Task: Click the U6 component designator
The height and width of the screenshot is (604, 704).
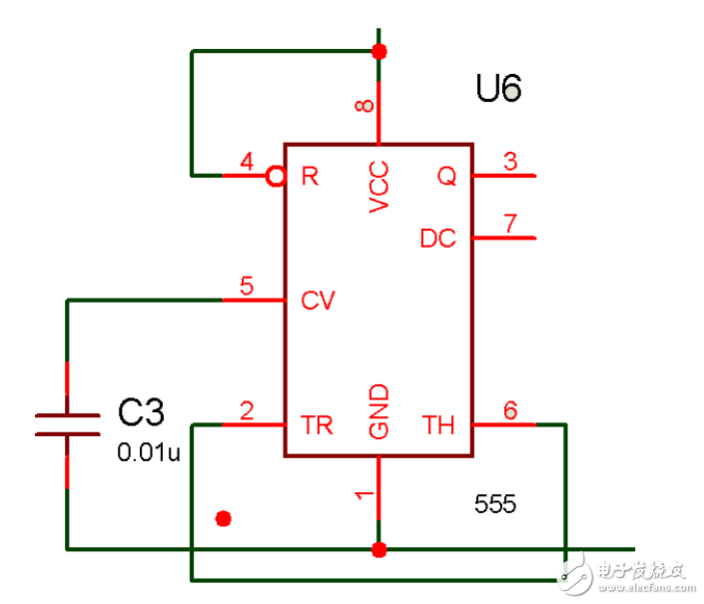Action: pyautogui.click(x=498, y=90)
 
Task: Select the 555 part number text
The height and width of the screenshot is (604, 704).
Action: pyautogui.click(x=496, y=505)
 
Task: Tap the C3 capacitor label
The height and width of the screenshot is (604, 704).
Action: pyautogui.click(x=141, y=412)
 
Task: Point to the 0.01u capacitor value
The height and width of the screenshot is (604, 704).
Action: pyautogui.click(x=149, y=453)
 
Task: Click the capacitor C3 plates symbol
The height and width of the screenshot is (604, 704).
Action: pyautogui.click(x=67, y=424)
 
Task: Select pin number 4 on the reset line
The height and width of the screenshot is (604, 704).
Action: pyautogui.click(x=246, y=162)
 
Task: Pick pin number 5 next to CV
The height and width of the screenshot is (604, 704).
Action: pyautogui.click(x=246, y=286)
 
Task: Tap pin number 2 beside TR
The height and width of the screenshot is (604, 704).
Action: pyautogui.click(x=246, y=410)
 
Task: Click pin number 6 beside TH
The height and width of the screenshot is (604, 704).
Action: pyautogui.click(x=510, y=410)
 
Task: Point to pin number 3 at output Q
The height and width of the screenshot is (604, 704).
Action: pyautogui.click(x=510, y=162)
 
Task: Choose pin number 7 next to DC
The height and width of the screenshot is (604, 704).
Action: pyautogui.click(x=510, y=224)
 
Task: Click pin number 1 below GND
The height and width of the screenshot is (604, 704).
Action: pyautogui.click(x=366, y=493)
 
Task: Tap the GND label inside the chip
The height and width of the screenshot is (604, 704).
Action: pyautogui.click(x=378, y=412)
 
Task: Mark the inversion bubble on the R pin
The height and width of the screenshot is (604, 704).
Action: pyautogui.click(x=277, y=177)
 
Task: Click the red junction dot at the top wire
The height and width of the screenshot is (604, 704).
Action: pyautogui.click(x=378, y=51)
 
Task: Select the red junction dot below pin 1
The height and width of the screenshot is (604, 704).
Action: pyautogui.click(x=378, y=549)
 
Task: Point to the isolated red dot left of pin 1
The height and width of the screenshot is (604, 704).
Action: pyautogui.click(x=224, y=518)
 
